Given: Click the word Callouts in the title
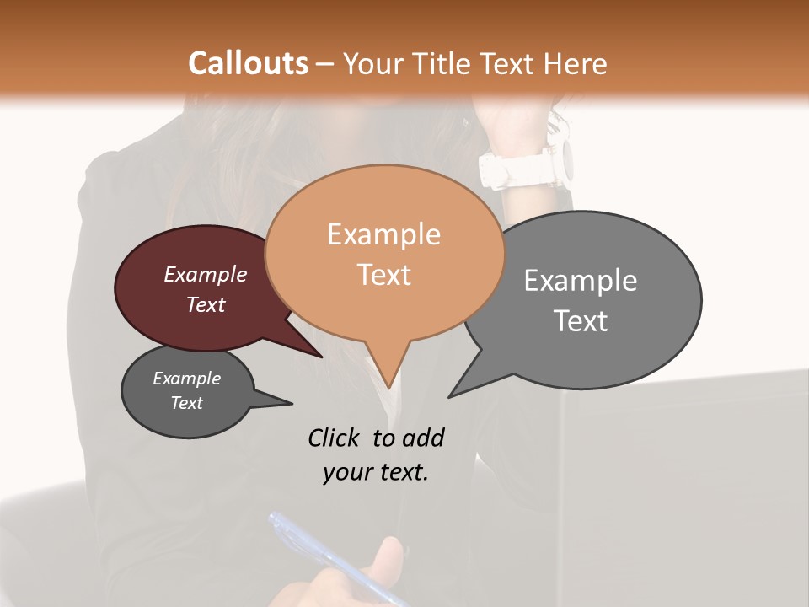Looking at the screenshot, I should point(248,63).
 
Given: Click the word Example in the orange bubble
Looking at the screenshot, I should point(383,234).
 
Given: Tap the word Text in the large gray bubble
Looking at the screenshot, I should point(581,321).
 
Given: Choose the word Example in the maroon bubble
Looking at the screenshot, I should point(206,275).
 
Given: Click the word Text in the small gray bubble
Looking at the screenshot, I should point(187,403).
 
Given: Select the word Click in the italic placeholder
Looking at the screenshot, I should point(332,438).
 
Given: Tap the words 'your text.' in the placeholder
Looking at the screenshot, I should point(375,473).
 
